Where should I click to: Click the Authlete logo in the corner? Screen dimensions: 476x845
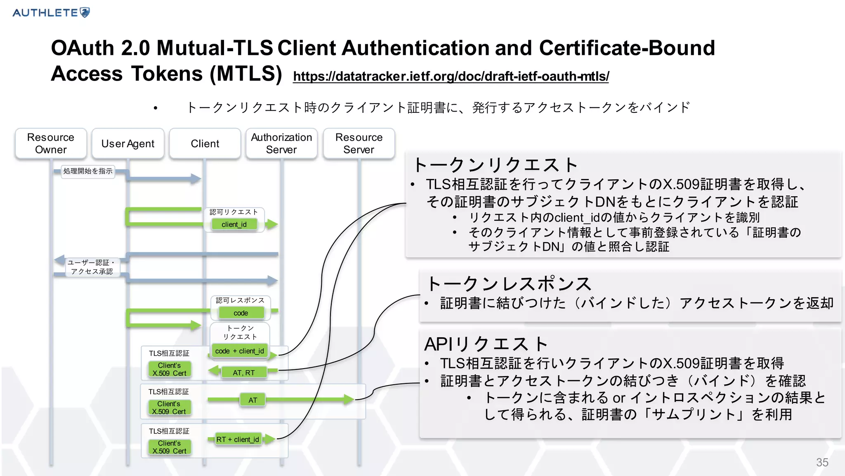51,12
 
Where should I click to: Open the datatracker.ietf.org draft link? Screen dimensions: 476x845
451,76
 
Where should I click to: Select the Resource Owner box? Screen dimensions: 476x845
51,143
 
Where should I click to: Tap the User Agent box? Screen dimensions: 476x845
128,143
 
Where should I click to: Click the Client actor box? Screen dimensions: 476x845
205,143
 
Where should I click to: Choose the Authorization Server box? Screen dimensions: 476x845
281,143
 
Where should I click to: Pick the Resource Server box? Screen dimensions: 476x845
359,143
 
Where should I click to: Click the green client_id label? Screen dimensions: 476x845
234,224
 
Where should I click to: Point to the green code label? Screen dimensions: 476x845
241,313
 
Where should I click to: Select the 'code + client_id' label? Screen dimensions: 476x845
240,351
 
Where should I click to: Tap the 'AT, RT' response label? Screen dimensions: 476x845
244,373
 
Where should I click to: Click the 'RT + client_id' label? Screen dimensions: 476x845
238,439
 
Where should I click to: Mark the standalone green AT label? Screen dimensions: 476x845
253,400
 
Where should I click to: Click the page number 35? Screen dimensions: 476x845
822,462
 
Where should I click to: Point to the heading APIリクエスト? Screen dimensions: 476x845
486,344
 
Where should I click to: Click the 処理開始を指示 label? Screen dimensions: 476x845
88,171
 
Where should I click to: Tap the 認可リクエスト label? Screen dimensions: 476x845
234,212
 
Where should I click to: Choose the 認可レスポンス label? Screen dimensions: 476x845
240,300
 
